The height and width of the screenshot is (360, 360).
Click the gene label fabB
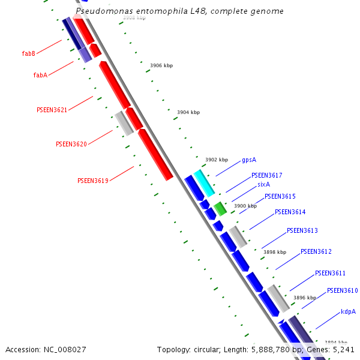[x=29, y=54]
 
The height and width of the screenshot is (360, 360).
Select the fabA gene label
[x=40, y=76]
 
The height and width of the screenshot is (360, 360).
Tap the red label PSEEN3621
[x=52, y=110]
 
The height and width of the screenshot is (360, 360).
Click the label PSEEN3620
[x=71, y=145]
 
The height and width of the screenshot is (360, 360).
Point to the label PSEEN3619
[x=92, y=181]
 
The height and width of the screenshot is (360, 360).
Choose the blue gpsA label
[x=249, y=160]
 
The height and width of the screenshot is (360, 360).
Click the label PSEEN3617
[x=266, y=176]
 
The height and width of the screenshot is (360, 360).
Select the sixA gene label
[x=263, y=185]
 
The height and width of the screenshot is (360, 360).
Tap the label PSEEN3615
[x=280, y=197]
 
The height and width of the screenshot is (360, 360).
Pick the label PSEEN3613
[x=302, y=231]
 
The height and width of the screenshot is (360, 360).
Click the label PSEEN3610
[x=342, y=291]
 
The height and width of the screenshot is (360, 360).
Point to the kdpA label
[x=348, y=312]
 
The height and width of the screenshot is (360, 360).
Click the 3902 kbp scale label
[x=217, y=160]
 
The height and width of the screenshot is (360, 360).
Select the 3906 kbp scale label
[x=161, y=65]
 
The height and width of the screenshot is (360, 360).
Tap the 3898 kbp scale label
[x=275, y=253]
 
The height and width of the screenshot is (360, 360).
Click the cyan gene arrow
[x=205, y=183]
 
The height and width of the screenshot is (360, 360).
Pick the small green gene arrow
[x=220, y=209]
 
